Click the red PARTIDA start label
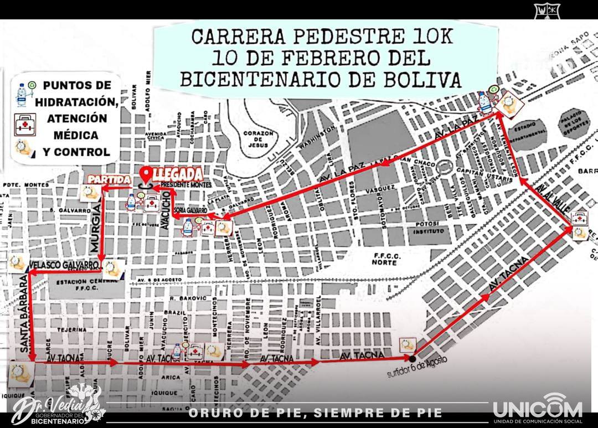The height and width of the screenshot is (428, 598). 109,179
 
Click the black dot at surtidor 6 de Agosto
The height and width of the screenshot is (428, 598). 412,358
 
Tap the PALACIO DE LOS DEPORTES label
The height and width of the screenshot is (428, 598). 573,123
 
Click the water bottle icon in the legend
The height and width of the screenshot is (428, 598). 22,94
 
